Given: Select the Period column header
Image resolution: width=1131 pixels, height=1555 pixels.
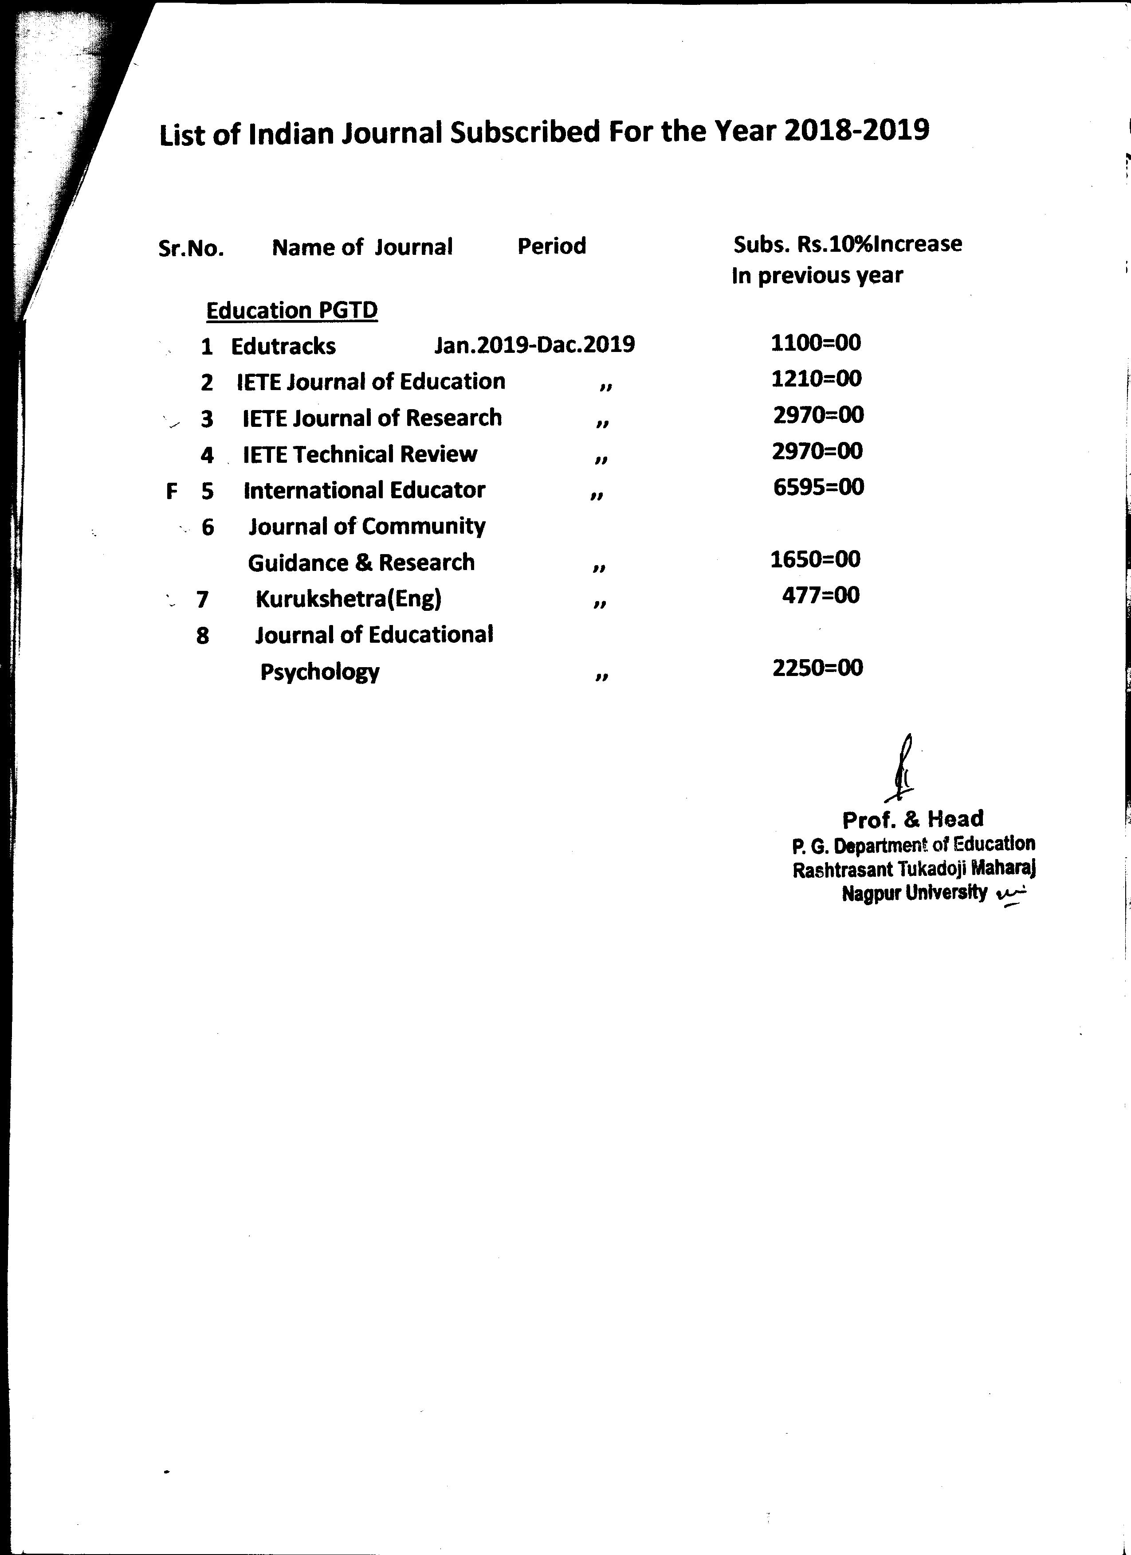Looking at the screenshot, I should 551,246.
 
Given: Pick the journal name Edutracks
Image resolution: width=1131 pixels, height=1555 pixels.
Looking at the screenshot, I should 283,346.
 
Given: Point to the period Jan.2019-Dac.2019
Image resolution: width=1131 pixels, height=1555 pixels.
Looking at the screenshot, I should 534,344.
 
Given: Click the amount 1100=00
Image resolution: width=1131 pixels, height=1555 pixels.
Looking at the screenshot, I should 816,342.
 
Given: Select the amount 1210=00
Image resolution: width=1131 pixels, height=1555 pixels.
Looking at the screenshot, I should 816,379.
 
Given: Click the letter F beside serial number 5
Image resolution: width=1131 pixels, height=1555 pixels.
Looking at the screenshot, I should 172,491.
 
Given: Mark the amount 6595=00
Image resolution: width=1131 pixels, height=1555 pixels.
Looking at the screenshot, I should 818,487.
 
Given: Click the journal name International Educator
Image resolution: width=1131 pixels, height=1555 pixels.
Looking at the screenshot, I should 364,490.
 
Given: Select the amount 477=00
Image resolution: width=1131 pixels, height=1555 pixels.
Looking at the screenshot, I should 820,595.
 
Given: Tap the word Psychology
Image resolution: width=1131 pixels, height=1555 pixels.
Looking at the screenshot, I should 320,672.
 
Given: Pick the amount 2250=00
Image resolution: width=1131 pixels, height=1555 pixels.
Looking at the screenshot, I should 817,668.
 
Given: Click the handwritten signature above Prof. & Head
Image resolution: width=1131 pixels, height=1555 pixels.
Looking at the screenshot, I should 903,768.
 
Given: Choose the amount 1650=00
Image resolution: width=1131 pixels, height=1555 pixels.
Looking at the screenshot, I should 815,559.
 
